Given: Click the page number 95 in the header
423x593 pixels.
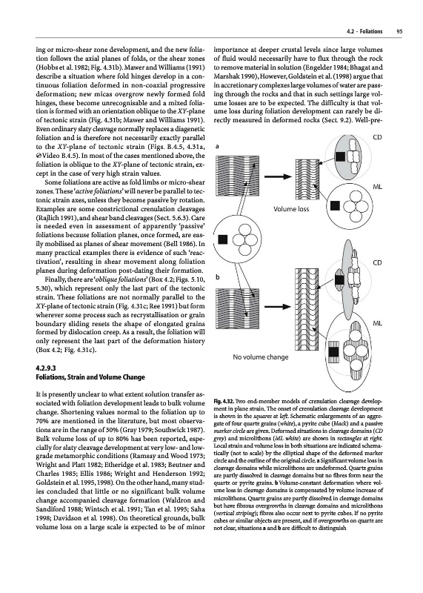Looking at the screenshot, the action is pos(399,31).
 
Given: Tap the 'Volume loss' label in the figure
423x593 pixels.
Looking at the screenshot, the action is pos(291,209).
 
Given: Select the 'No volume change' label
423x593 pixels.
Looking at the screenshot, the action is pos(261,357).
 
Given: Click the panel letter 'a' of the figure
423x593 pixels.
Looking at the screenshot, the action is pos(217,146).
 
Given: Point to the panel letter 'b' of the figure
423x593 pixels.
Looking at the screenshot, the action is pos(217,277).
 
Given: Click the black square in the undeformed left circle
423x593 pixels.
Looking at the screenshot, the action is pos(223,239).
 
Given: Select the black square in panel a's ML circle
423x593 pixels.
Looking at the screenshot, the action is pos(335,205).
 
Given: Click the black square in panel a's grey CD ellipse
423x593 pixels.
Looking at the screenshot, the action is pos(340,156).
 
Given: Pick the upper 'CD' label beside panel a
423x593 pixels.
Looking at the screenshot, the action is pos(377,137).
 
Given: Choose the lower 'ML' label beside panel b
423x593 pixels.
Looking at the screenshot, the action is pos(377,323).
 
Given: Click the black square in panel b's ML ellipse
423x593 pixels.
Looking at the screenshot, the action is pos(333,351).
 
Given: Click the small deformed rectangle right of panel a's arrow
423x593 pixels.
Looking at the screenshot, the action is pos(307,177).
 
